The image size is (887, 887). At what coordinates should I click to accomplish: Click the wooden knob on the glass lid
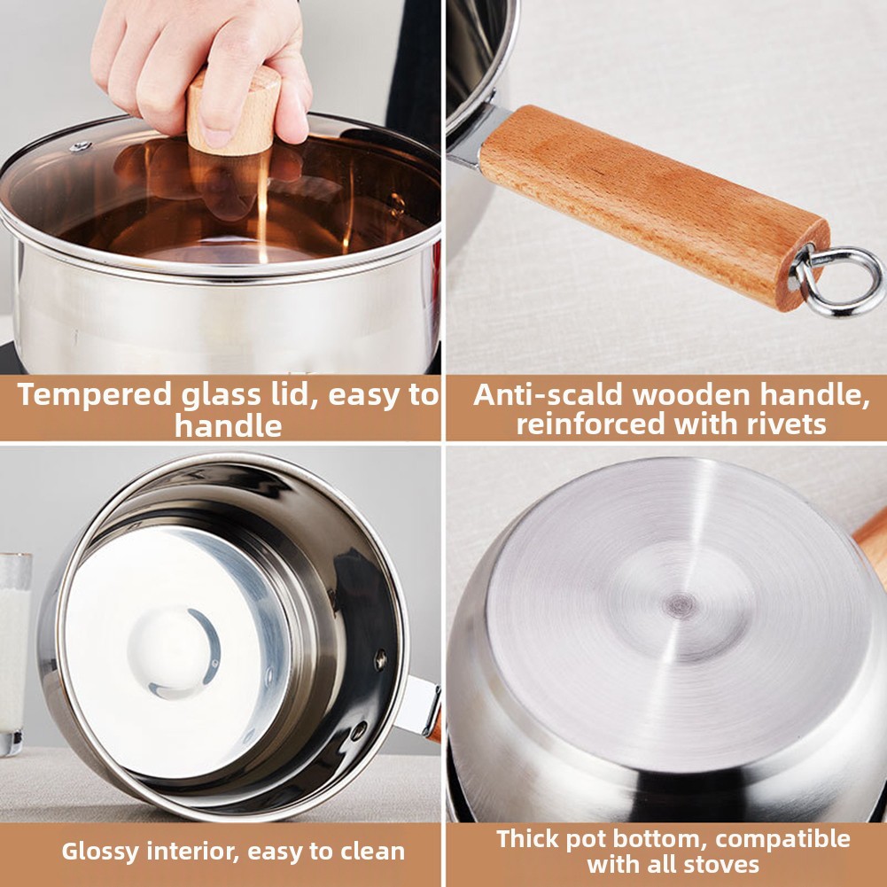(x=233, y=113)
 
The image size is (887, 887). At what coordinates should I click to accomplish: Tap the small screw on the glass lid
(x=81, y=146)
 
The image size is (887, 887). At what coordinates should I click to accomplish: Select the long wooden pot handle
(x=654, y=207)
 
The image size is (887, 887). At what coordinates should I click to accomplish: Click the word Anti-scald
(x=548, y=393)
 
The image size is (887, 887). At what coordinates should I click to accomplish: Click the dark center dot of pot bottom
(x=680, y=606)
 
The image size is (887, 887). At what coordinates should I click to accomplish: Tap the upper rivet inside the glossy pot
(x=380, y=659)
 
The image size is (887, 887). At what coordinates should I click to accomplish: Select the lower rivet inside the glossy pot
(x=358, y=730)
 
